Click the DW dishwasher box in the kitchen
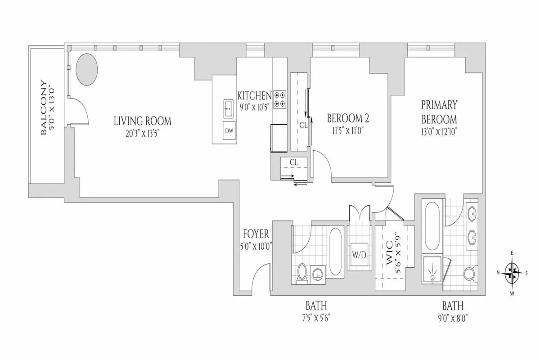229,130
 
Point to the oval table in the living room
86,69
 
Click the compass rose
512,272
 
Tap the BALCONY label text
43,108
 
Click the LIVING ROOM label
142,121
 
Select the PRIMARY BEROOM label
439,112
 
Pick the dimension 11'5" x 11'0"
348,131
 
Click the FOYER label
256,234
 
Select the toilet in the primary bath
469,273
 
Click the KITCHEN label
254,95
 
